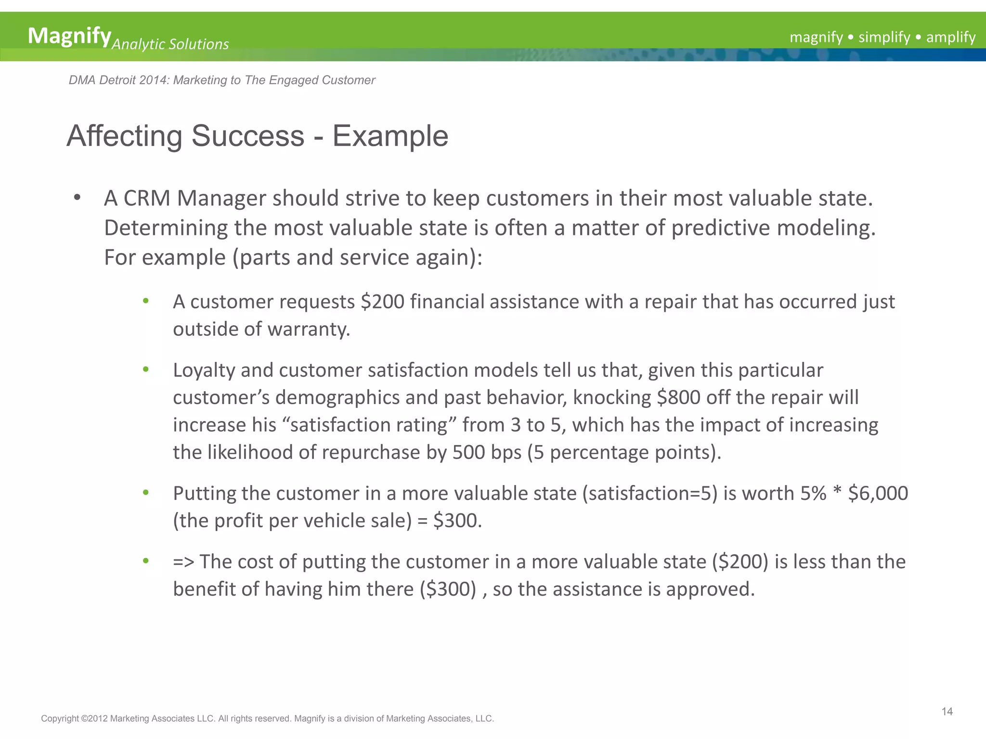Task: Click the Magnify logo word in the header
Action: pos(69,36)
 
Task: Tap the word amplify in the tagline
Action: pos(950,37)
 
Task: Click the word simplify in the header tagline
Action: pos(884,37)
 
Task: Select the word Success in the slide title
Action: pos(248,136)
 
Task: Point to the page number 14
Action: pos(947,712)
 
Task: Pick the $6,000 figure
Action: pos(878,494)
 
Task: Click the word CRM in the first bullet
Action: pos(147,199)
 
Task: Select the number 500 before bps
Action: pos(468,453)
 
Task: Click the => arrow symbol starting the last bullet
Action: pos(183,562)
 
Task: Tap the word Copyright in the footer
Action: pos(60,719)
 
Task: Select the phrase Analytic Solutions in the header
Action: pos(170,45)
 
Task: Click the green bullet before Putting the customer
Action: pos(146,492)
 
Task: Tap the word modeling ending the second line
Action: pos(826,228)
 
